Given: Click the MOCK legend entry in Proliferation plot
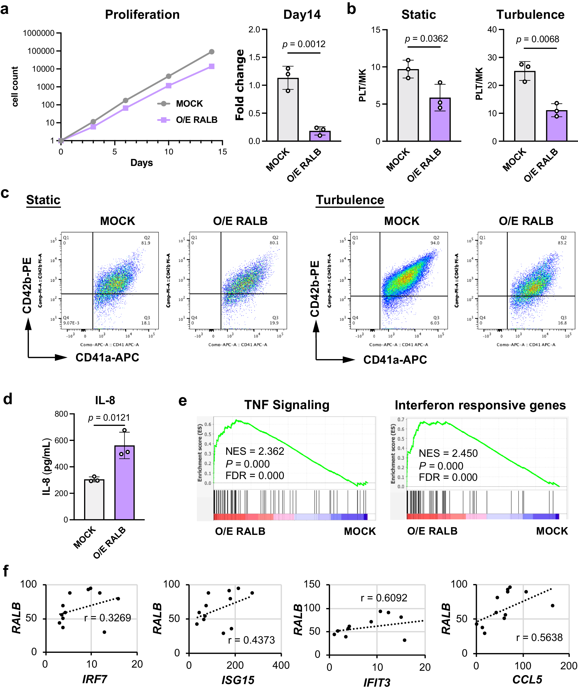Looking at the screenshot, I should [189, 104].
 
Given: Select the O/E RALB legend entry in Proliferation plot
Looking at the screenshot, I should [197, 120].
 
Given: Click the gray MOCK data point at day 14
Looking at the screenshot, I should [212, 52].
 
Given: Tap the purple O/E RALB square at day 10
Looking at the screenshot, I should [168, 86].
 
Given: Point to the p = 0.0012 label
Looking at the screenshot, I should [304, 44].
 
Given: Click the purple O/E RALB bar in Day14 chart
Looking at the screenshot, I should [320, 136].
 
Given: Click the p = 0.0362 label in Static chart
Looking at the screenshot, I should [426, 39].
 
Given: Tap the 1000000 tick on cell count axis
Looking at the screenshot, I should [38, 33].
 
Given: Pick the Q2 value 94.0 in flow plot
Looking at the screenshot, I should [435, 243].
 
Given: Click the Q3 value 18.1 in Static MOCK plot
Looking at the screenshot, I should [145, 323].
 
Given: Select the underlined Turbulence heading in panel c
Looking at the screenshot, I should [350, 200].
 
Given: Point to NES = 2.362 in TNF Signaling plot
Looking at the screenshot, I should [255, 451].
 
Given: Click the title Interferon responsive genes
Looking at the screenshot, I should [480, 405].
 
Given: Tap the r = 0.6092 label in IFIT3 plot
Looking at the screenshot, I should [384, 598].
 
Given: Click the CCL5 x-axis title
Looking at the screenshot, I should [527, 679].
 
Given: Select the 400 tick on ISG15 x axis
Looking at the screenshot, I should [281, 665].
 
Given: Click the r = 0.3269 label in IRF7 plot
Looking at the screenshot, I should [108, 618].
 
